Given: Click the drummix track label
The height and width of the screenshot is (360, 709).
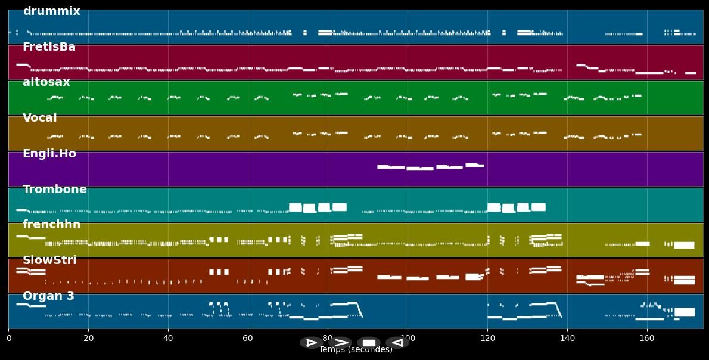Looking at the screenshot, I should click(51, 11).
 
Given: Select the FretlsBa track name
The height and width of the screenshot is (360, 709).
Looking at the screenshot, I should click(49, 47).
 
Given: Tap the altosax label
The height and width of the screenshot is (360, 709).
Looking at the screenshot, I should click(46, 82).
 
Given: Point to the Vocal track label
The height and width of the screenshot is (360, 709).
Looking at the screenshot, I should click(39, 118).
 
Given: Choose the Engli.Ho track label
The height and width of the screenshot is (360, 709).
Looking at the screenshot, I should click(49, 154).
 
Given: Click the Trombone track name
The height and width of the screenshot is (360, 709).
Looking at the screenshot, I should click(54, 190).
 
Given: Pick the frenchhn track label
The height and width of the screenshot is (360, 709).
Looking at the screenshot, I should click(51, 225).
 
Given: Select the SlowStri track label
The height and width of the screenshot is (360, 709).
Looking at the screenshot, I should click(49, 260).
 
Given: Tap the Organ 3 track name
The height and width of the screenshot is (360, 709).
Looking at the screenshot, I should click(48, 296).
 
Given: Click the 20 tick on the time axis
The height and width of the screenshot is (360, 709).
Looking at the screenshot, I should click(88, 338).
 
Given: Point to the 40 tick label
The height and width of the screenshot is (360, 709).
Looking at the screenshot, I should click(168, 338).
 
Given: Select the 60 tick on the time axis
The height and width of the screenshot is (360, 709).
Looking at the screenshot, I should click(248, 338).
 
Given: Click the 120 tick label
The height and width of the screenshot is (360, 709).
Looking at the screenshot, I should click(487, 338).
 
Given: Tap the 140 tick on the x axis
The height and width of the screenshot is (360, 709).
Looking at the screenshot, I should click(567, 338).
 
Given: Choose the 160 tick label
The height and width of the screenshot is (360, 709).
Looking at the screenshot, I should click(647, 338).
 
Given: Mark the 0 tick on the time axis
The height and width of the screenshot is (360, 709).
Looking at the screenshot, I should click(8, 338).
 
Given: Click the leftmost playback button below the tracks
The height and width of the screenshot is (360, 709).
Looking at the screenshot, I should click(311, 343).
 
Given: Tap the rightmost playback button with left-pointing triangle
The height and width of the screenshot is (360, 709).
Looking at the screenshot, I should click(397, 343).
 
